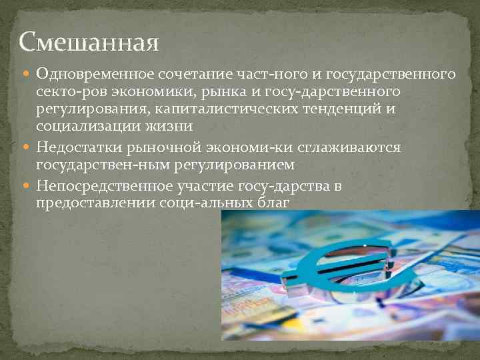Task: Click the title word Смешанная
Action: [x=89, y=42]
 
